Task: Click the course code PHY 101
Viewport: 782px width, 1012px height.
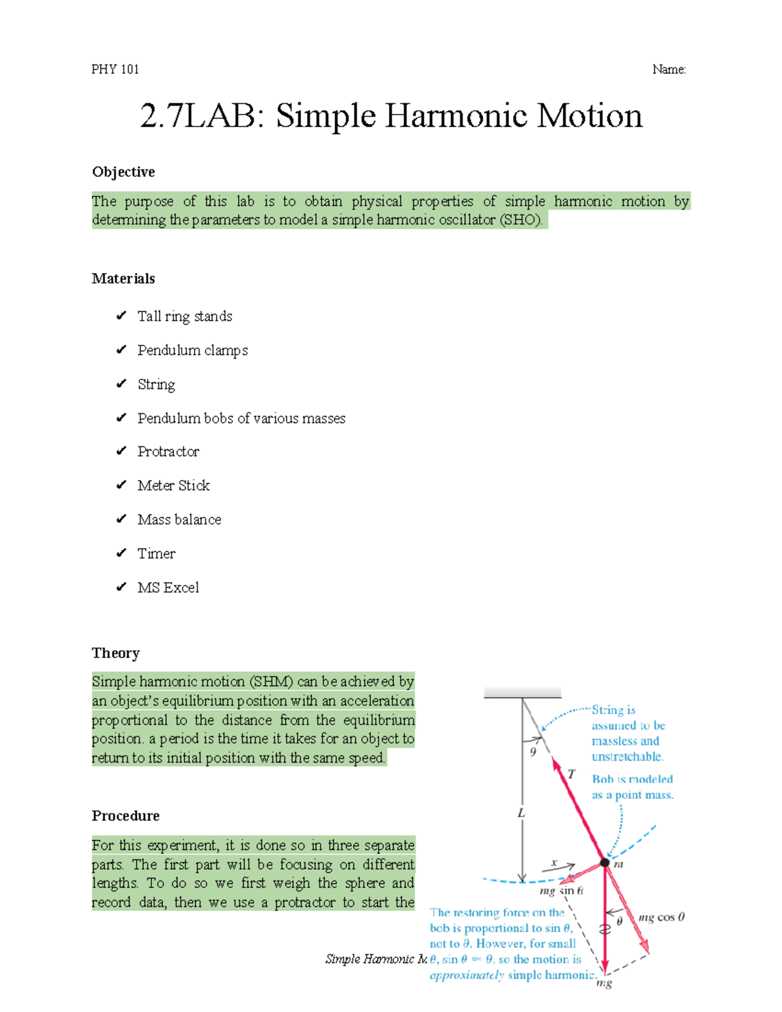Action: [115, 69]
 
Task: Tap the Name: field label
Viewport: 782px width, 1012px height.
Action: [669, 69]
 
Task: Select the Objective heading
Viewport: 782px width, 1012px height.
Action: [123, 172]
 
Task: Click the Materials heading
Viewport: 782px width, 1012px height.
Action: [123, 279]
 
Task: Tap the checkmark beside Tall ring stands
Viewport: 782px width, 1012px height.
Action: [121, 316]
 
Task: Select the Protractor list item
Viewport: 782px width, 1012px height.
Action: [168, 452]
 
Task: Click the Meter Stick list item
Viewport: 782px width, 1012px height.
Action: [173, 485]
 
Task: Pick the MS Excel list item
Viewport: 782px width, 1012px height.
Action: [168, 587]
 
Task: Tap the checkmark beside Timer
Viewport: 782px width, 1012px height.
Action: [121, 553]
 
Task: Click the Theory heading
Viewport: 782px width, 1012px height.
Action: [115, 653]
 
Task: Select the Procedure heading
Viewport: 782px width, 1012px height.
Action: [125, 816]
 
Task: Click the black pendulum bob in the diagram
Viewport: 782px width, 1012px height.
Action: [605, 863]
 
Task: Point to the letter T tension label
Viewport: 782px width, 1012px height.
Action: [572, 774]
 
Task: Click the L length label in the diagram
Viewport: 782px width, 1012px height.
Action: [521, 813]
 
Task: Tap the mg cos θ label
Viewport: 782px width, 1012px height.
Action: [661, 918]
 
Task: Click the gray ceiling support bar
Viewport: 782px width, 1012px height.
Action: [522, 693]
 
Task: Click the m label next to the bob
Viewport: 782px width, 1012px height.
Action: [618, 864]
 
